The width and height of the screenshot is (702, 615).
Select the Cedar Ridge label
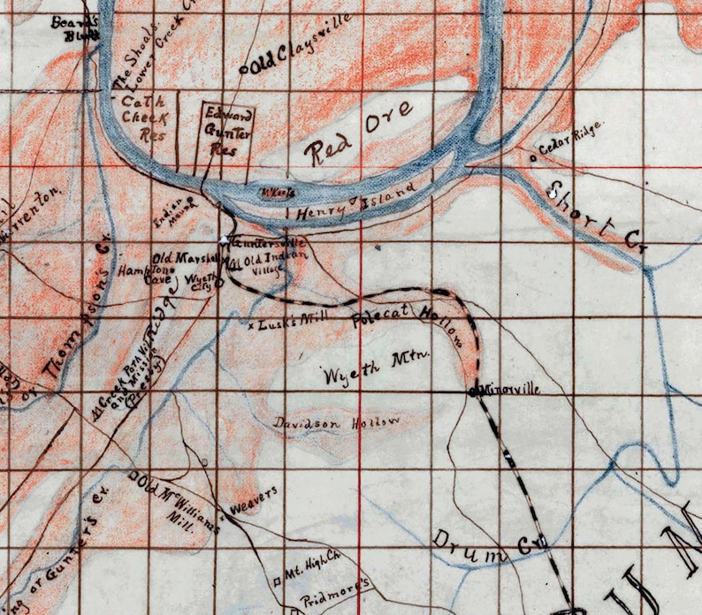569,142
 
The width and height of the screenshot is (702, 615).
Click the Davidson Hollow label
336,422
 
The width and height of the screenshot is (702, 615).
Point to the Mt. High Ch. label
312,563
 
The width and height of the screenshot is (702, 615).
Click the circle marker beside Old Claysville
244,66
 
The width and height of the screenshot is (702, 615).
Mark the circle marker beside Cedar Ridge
532,159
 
